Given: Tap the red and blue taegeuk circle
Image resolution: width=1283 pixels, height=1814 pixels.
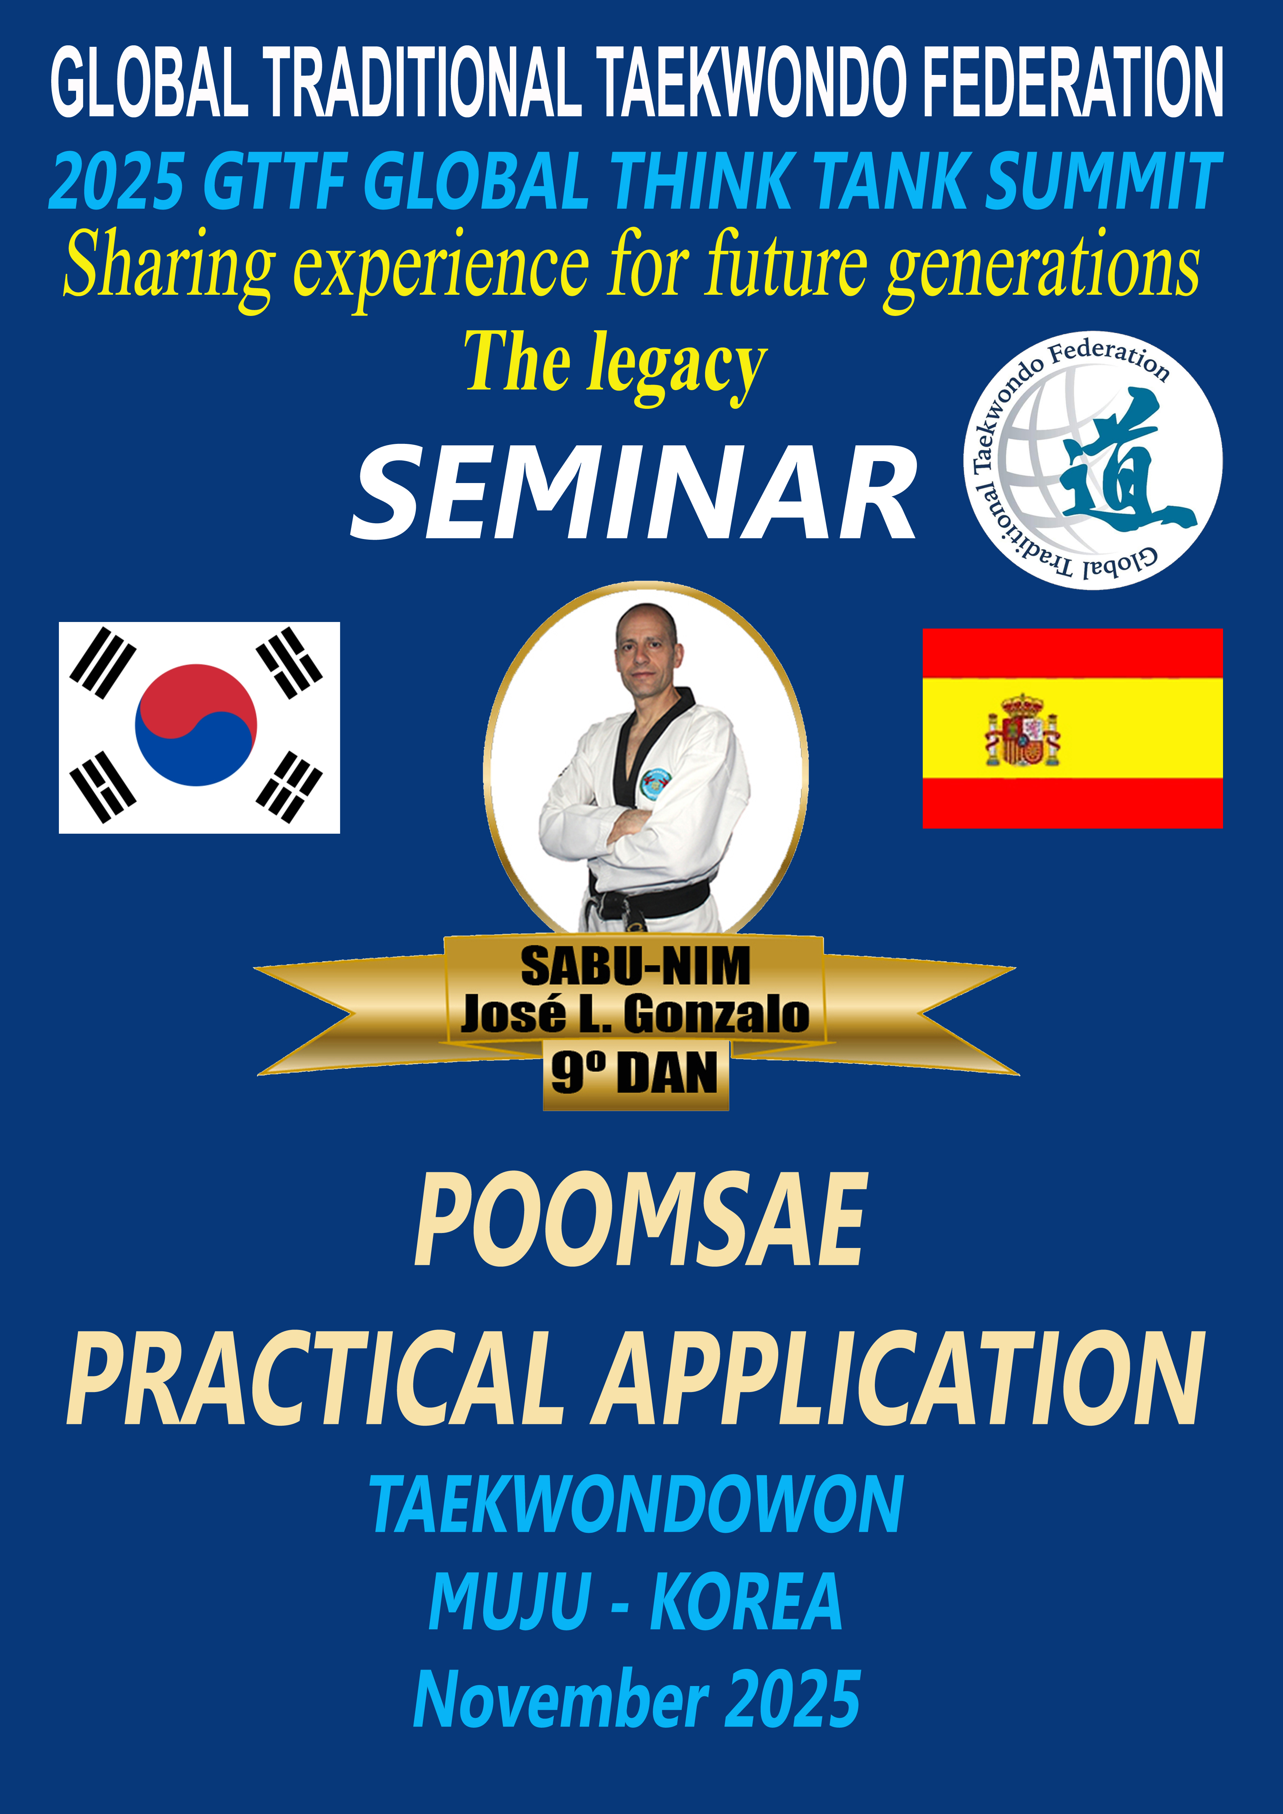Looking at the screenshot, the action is pos(196,724).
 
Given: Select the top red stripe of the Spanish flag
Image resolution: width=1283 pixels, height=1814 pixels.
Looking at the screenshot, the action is pos(1072,653).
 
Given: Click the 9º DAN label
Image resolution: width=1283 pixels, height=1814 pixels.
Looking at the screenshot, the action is pos(635,1073).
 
